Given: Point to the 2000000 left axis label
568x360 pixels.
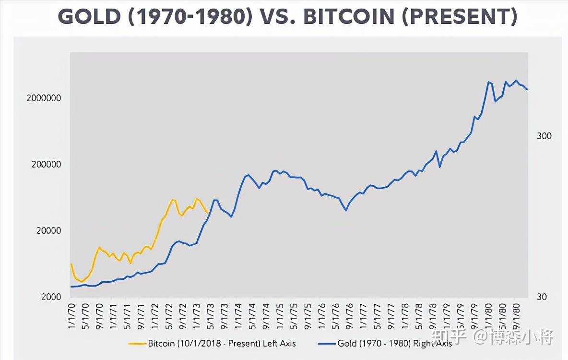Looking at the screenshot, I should tap(44, 98).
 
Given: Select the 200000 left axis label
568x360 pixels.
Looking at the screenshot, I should tap(46, 164).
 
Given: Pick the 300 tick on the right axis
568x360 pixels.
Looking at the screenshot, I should tap(544, 136).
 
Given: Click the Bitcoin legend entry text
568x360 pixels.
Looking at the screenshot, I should tap(222, 343).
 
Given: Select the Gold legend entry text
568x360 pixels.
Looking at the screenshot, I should tap(394, 343).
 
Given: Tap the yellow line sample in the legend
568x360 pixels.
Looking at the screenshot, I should tap(137, 343).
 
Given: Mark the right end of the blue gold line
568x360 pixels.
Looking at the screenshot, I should tap(527, 89).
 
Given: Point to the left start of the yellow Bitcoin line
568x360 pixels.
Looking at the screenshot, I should tap(71, 264).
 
